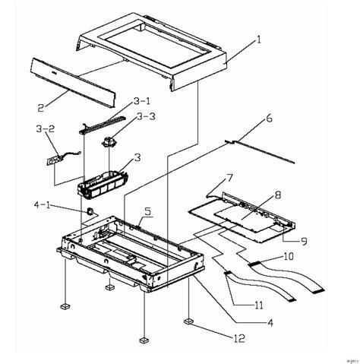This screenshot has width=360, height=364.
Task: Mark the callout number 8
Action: [x=256, y=195]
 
